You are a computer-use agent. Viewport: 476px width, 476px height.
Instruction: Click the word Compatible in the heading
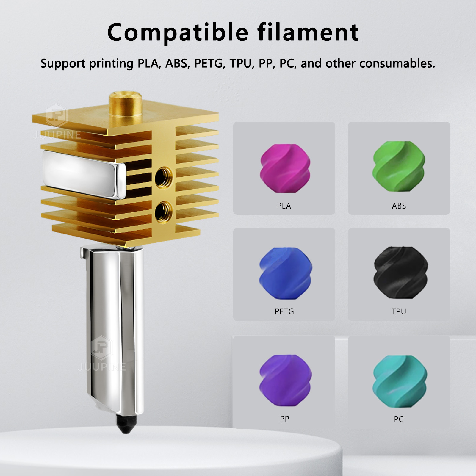(178, 33)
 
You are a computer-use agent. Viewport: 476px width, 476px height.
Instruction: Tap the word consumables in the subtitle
(397, 63)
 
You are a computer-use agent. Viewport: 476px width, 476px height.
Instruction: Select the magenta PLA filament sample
(285, 168)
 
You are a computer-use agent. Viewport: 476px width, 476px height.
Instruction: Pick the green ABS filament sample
(399, 166)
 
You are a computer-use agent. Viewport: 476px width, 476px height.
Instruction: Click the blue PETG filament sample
(285, 273)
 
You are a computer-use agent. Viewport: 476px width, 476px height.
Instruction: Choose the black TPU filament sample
(400, 272)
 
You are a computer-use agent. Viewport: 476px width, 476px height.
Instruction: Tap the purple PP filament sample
(285, 380)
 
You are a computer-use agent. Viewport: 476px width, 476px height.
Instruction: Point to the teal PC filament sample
(399, 381)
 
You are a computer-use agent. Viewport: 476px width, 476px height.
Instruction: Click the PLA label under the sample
(284, 206)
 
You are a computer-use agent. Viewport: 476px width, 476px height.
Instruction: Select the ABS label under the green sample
(399, 206)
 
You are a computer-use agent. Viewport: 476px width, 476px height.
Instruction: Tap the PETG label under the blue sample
(284, 311)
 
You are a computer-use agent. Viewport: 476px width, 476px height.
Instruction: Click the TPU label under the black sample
(399, 311)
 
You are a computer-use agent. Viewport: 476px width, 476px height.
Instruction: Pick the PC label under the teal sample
(399, 419)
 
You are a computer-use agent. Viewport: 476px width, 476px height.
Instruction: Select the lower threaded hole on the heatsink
(163, 212)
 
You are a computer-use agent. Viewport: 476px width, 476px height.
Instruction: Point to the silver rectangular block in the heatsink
(83, 174)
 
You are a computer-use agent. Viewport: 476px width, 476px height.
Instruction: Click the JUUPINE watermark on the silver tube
(102, 367)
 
